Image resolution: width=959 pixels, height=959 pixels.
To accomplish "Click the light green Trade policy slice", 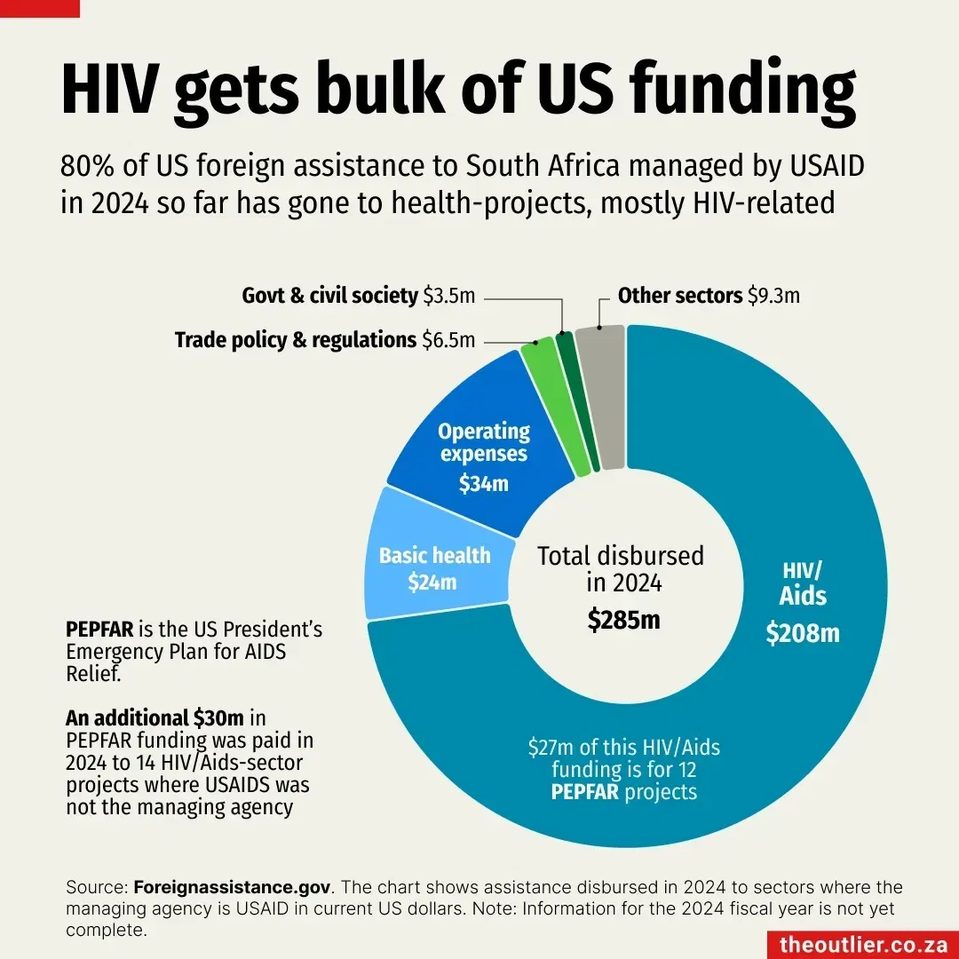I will click(554, 408).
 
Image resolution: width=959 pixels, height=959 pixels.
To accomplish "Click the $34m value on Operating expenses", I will click(483, 484).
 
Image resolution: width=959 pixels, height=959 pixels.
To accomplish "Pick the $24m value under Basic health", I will click(432, 583).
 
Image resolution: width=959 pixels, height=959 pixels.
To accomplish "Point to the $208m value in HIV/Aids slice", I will click(803, 634).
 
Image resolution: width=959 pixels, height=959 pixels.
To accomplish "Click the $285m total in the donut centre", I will click(623, 620).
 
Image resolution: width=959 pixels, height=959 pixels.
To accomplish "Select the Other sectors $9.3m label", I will click(708, 296).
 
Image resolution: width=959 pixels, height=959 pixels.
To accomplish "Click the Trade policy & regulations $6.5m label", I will click(324, 340).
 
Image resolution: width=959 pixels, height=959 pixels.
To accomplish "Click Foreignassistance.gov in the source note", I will click(233, 887).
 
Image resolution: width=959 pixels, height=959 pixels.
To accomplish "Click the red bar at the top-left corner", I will click(39, 8).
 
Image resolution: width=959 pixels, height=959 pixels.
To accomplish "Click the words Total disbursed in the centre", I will click(621, 557).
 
